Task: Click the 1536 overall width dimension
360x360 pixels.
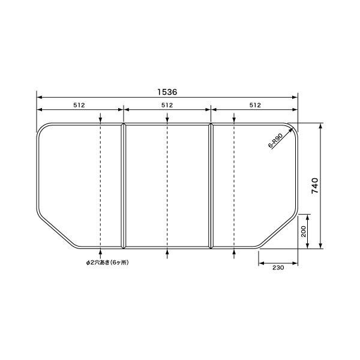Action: pyautogui.click(x=167, y=92)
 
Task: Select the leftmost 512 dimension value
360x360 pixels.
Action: pyautogui.click(x=79, y=105)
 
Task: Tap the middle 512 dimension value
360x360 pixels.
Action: pyautogui.click(x=167, y=105)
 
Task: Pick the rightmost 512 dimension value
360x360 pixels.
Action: pyautogui.click(x=255, y=105)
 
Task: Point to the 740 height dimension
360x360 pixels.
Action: pyautogui.click(x=315, y=185)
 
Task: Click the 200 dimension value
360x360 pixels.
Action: pyautogui.click(x=304, y=232)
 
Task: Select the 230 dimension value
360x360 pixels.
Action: pyautogui.click(x=278, y=268)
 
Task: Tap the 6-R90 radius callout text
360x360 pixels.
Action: pyautogui.click(x=275, y=140)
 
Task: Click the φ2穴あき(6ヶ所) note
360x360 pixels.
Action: pyautogui.click(x=107, y=262)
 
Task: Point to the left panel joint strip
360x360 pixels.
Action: pyautogui.click(x=124, y=186)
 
